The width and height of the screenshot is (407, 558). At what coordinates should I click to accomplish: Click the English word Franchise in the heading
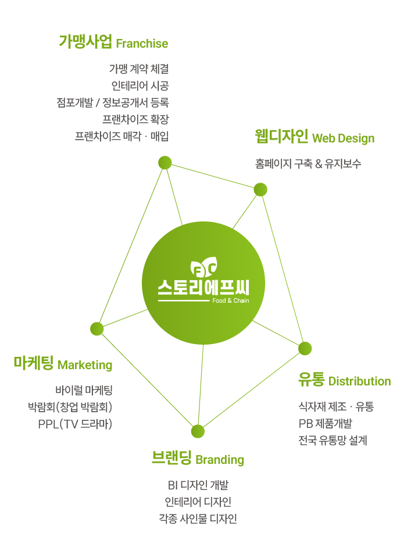point(142,44)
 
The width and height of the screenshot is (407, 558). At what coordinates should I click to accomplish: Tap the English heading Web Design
point(343,138)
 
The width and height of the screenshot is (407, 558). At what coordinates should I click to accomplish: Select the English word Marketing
point(85,365)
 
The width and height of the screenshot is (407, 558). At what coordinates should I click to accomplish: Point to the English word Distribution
point(359,381)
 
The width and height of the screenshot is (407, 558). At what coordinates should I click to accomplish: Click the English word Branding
point(219,460)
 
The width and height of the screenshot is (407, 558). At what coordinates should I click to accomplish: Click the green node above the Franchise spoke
point(165,163)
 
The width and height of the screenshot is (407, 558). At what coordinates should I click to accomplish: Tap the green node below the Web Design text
point(260,189)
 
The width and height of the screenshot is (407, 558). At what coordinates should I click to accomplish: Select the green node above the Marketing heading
point(97,329)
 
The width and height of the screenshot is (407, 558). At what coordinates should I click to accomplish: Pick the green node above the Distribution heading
point(305,348)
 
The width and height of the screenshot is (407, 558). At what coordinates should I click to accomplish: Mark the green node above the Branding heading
point(198,431)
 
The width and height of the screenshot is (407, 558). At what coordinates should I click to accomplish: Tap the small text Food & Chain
point(231,301)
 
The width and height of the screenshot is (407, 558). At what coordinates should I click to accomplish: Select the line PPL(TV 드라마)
point(75,424)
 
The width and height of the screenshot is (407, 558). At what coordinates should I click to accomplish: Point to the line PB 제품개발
point(325,423)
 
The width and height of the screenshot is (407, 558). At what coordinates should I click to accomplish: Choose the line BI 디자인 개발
point(198,485)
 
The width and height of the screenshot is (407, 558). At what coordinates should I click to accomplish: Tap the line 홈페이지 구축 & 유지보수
point(308,164)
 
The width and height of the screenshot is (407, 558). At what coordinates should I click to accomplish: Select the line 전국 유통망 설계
point(333,440)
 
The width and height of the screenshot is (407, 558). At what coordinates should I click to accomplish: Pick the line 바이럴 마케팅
point(84,390)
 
